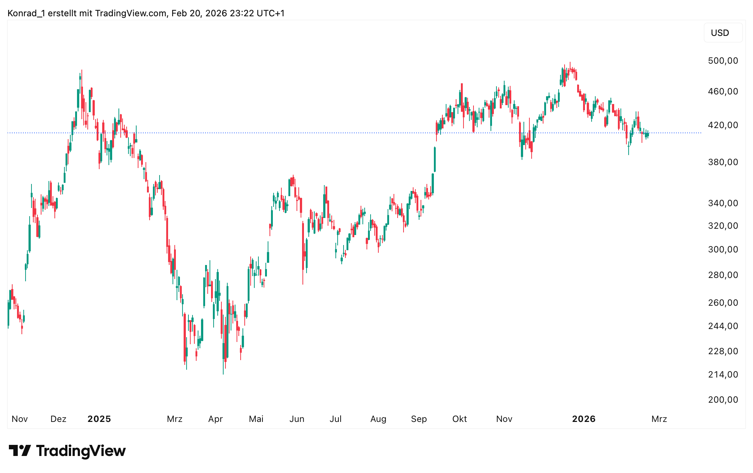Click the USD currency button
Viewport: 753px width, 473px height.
(x=720, y=33)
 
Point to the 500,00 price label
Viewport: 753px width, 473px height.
(x=723, y=61)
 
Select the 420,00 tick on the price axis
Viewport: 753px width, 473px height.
(x=723, y=125)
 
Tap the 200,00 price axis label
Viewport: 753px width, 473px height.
(x=723, y=400)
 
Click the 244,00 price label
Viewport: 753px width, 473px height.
(x=723, y=326)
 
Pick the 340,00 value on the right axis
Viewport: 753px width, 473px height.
(x=723, y=203)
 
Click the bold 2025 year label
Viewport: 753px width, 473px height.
(x=99, y=419)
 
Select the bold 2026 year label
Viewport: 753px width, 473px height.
(x=584, y=419)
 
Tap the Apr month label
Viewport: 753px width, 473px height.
(x=215, y=419)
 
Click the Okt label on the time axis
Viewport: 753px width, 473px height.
(x=459, y=419)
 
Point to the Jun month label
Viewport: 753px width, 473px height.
(x=297, y=419)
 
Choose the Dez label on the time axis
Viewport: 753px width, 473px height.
(x=58, y=419)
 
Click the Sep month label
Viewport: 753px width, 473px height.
(x=419, y=419)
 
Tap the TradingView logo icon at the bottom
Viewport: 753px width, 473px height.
(x=20, y=451)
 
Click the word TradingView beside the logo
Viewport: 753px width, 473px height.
(x=81, y=451)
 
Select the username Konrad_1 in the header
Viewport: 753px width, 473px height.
(x=26, y=13)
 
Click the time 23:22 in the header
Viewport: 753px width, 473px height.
(x=242, y=13)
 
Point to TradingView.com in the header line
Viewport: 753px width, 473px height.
(x=131, y=13)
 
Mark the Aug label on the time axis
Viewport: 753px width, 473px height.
(x=378, y=419)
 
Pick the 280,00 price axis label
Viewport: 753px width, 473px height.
(x=723, y=275)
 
